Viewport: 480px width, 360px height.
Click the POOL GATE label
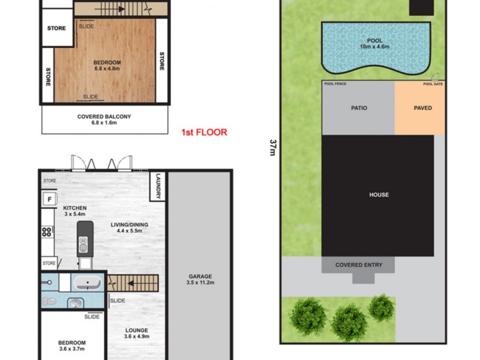432,84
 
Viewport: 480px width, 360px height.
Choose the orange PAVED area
422,109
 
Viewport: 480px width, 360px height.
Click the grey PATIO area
358,109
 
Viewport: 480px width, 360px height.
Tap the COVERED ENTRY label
358,265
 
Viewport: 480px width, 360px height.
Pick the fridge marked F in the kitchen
48,199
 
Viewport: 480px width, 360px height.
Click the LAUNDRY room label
158,187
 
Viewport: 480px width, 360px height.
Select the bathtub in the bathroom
89,282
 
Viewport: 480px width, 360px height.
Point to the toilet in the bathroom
50,301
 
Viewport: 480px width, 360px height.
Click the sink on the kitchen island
85,244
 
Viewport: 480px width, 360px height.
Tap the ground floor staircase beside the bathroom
133,282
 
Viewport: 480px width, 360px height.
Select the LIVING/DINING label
129,229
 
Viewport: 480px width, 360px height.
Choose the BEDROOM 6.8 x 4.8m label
107,65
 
